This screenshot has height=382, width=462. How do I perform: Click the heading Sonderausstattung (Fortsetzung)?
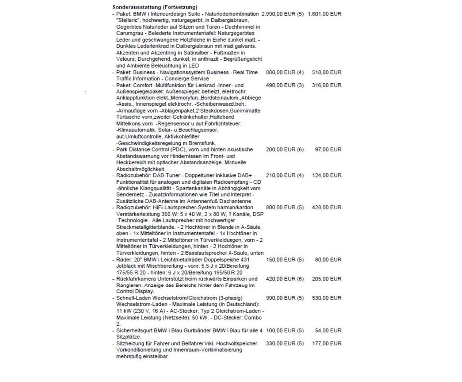pos(155,7)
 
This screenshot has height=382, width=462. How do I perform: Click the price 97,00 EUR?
pos(329,149)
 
